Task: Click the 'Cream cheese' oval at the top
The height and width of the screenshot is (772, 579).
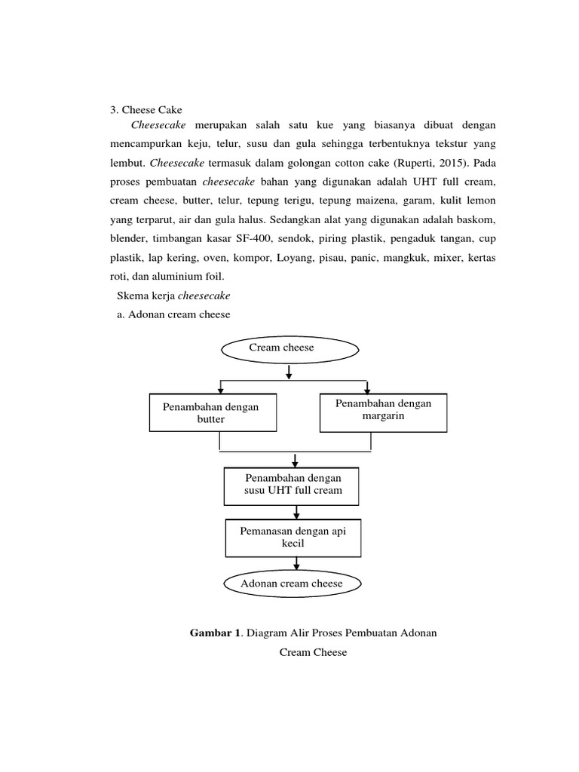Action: pyautogui.click(x=289, y=348)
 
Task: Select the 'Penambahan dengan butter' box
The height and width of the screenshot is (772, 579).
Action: pyautogui.click(x=210, y=412)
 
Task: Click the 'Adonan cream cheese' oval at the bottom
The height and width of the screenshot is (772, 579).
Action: pyautogui.click(x=291, y=584)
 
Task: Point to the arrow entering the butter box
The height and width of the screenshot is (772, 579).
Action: pyautogui.click(x=219, y=388)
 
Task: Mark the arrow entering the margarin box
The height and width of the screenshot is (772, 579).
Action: pyautogui.click(x=366, y=388)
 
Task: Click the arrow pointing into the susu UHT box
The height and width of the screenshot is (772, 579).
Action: pyautogui.click(x=295, y=460)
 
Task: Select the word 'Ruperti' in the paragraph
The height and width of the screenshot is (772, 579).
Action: pyautogui.click(x=412, y=163)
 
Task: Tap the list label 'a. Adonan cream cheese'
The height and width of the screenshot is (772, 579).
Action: pyautogui.click(x=173, y=315)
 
